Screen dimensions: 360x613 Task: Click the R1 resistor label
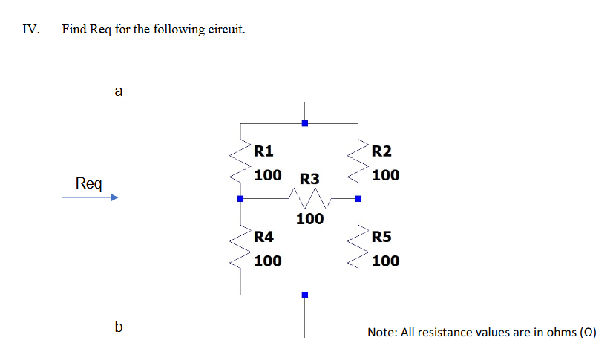(263, 151)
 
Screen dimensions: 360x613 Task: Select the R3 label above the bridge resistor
(309, 179)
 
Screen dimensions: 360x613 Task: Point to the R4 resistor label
(263, 238)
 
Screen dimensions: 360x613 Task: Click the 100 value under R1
(267, 175)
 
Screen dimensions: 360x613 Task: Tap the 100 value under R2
(385, 175)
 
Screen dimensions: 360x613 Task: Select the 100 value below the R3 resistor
(309, 219)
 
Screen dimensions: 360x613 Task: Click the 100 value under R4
(267, 261)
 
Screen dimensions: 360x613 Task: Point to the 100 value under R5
(385, 261)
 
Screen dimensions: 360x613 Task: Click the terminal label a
(118, 91)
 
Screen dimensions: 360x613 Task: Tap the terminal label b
(118, 326)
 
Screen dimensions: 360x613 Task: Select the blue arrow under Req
(90, 198)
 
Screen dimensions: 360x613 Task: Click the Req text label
(89, 183)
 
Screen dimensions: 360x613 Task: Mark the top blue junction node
(304, 123)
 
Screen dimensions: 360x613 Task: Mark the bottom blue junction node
(304, 295)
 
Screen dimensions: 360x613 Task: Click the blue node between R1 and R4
(240, 199)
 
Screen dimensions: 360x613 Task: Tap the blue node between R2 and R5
(358, 199)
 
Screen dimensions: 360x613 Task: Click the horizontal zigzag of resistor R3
(309, 198)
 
